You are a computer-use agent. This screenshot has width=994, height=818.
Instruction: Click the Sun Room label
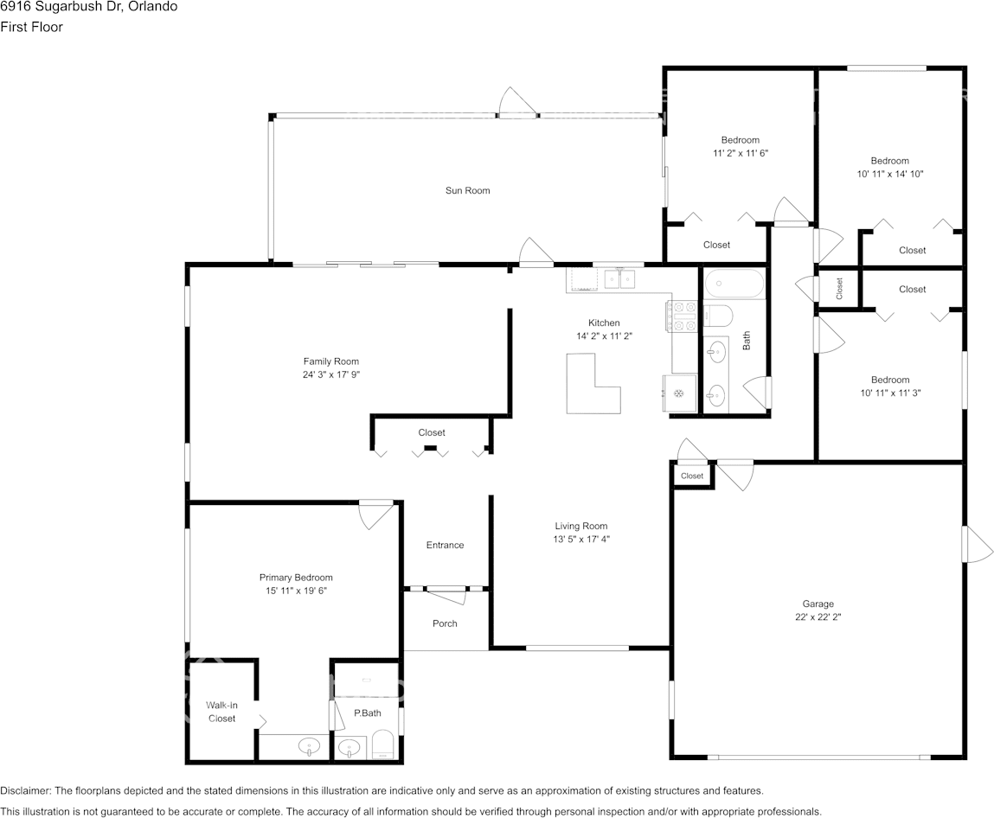467,190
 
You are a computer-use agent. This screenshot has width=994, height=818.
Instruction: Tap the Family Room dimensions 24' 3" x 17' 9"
331,374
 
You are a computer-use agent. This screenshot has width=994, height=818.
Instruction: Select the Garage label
818,604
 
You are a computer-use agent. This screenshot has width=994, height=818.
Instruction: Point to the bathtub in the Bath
734,284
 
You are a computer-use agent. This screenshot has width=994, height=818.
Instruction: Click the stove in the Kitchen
680,316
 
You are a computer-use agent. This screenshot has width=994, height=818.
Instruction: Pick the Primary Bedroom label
296,578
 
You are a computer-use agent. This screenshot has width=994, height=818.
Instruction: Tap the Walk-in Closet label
221,712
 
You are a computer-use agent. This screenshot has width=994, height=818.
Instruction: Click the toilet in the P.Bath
382,744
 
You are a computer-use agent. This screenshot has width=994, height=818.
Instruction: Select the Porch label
445,623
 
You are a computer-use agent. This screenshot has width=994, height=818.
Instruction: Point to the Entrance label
445,545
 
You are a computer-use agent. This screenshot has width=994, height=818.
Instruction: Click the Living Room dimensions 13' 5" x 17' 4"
581,540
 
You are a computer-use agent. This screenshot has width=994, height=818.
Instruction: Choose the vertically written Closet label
839,288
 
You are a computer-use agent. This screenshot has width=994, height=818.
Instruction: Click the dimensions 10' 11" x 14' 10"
890,174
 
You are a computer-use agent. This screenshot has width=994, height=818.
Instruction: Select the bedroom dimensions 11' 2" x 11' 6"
741,153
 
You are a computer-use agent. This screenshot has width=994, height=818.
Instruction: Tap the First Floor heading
32,28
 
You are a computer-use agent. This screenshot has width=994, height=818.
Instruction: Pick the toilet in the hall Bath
718,314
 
